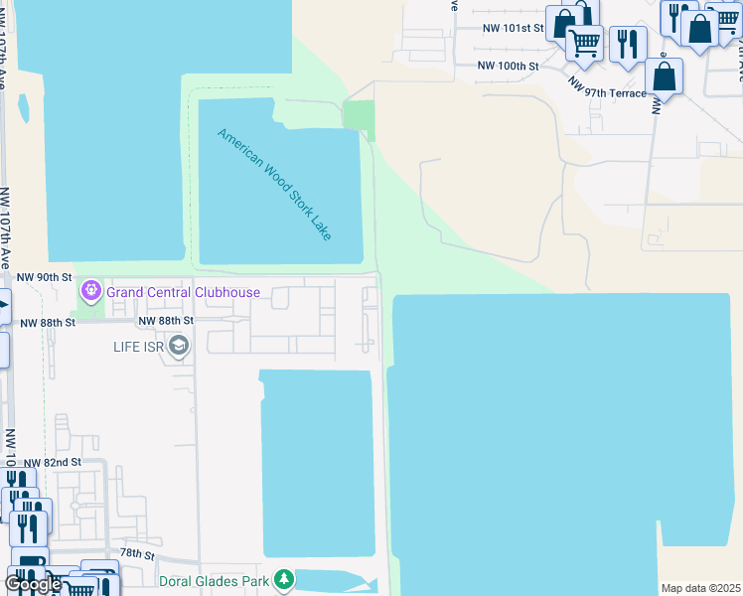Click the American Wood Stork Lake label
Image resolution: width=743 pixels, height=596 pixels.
coord(275,184)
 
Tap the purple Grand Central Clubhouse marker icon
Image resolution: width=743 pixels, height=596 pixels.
coord(91,291)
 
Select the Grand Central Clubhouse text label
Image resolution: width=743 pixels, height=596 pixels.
coord(183,292)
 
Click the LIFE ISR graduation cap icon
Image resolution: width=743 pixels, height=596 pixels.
coord(179,346)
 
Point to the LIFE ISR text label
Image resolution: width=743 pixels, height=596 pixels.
coord(137,346)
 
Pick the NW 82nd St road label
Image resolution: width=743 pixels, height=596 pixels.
coord(52,463)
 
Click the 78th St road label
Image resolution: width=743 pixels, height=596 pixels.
coord(137,553)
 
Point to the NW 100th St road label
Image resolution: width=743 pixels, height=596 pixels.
coord(508,66)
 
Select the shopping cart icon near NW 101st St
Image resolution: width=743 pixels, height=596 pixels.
coord(585,43)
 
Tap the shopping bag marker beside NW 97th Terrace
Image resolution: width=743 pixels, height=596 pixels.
coord(664,75)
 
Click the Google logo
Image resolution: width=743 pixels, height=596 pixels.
coord(33,584)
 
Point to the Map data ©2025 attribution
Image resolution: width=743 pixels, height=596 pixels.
coord(700,588)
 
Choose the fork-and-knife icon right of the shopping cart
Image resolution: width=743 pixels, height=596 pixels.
coord(628,43)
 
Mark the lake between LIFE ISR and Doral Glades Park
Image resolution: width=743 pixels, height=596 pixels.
coord(318,462)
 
